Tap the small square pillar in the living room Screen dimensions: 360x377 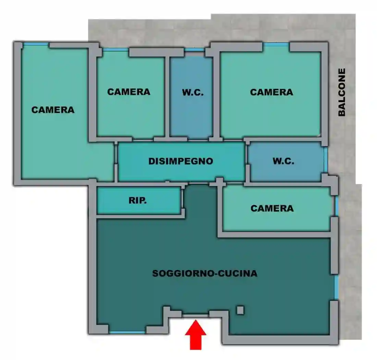240,310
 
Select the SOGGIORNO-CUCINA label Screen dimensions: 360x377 205,274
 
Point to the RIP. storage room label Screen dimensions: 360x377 138,201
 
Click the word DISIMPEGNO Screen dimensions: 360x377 181,161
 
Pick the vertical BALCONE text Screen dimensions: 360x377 342,92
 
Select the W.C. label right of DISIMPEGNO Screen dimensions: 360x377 283,161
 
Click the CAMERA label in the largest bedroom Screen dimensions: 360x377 53,110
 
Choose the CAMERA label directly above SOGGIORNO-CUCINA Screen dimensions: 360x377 272,208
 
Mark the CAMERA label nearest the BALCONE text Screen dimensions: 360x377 271,92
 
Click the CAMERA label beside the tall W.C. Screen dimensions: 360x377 129,92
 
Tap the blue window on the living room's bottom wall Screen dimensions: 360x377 127,332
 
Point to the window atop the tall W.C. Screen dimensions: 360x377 194,50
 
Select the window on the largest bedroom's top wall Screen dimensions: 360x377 36,44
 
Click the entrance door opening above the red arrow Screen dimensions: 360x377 195,314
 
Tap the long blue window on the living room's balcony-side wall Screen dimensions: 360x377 336,287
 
